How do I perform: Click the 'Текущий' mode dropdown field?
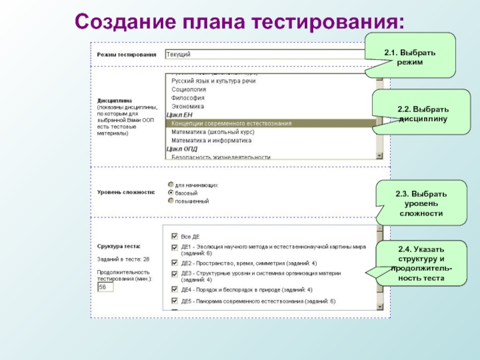coord(264,55)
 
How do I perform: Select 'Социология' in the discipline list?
coord(189,89)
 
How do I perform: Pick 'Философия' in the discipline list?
coord(188,98)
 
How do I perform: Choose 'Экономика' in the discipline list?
coord(188,106)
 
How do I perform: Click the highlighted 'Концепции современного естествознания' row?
coord(232,124)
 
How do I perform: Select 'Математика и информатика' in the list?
coord(211,140)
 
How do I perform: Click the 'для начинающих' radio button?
coord(171,185)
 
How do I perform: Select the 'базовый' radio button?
coord(171,193)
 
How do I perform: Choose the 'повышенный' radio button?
coord(171,201)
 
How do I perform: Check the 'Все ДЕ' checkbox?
coord(174,236)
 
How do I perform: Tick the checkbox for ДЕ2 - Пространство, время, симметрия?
coord(174,263)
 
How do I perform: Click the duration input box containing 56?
coord(106,287)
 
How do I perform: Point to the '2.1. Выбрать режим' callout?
coord(410,58)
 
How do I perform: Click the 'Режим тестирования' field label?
coord(127,55)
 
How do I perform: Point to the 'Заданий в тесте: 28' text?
coord(124,259)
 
